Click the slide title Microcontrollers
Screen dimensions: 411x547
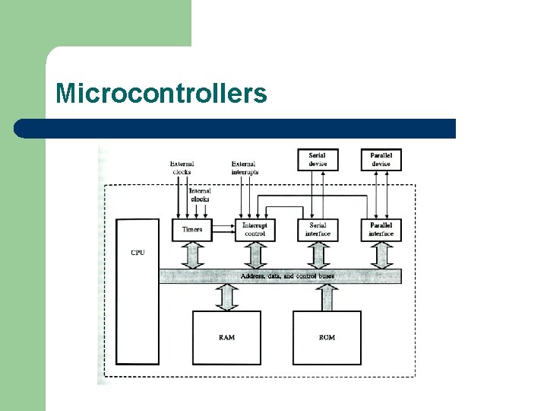[x=161, y=94]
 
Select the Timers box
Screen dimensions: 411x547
[x=192, y=230]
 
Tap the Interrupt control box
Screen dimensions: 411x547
[x=255, y=230]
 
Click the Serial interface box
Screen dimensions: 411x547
[x=318, y=230]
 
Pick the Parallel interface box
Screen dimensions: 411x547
[x=381, y=230]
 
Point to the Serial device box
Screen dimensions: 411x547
[x=318, y=160]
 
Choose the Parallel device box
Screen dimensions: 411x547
[x=381, y=160]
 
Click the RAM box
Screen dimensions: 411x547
[x=226, y=337]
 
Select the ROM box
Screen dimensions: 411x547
[x=327, y=337]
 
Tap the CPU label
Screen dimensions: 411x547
[x=138, y=253]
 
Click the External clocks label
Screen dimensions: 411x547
[x=182, y=167]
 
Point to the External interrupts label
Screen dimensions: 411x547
[x=245, y=167]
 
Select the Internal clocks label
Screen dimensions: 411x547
[x=200, y=195]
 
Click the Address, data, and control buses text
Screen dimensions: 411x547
[x=287, y=276]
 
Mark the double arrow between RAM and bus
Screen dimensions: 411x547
[x=226, y=297]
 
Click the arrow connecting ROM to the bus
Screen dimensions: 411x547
[x=327, y=297]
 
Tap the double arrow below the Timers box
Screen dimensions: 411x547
[x=192, y=255]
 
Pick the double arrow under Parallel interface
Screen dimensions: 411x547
[x=381, y=255]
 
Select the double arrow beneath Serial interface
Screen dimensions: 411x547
[x=318, y=255]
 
